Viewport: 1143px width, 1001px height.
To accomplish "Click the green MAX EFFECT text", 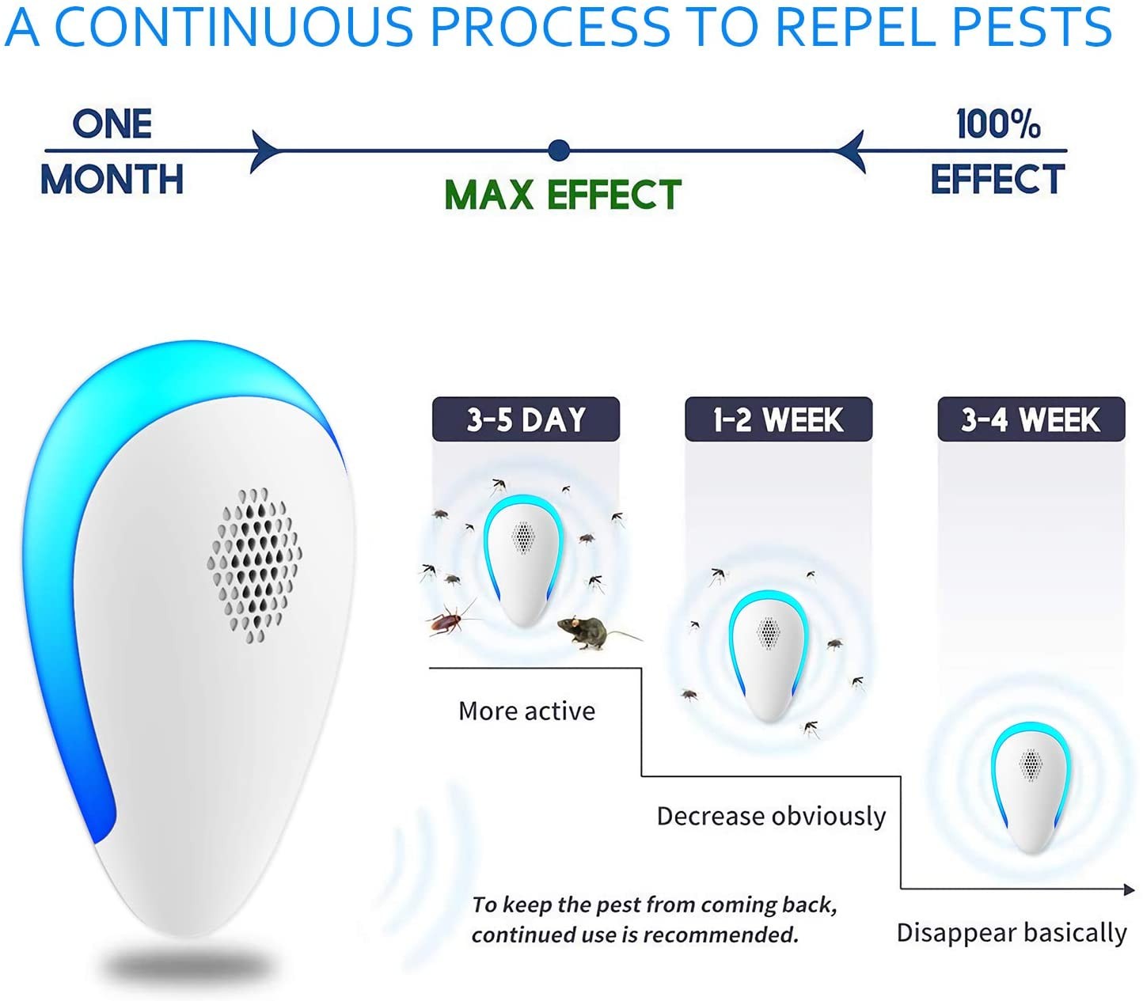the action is [x=563, y=195].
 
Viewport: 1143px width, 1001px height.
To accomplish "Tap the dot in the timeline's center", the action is [x=559, y=150].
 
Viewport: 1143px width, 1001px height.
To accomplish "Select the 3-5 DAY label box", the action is [x=526, y=419].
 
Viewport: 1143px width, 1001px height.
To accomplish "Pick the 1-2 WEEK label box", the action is [x=779, y=419].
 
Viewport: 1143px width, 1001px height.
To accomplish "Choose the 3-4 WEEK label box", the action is [x=1031, y=419].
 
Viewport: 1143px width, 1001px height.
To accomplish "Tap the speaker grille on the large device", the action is [x=254, y=565].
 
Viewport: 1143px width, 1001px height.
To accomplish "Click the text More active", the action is [x=526, y=711].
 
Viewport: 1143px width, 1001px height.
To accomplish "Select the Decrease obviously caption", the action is [x=771, y=817].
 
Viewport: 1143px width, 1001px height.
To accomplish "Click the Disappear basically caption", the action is [x=1012, y=933].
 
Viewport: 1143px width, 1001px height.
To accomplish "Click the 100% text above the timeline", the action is [x=999, y=123].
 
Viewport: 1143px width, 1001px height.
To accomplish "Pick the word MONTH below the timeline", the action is [x=112, y=180].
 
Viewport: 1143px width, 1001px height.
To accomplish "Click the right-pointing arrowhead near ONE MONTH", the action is [x=264, y=151].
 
